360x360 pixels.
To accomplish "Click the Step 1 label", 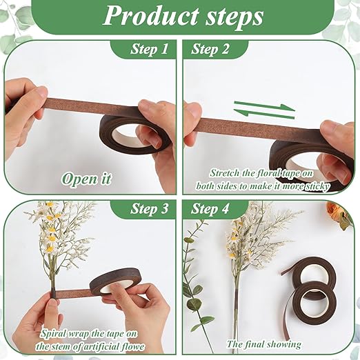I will pyautogui.click(x=149, y=50).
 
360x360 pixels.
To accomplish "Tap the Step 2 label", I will pyautogui.click(x=210, y=50).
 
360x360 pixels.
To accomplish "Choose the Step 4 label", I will pyautogui.click(x=210, y=209).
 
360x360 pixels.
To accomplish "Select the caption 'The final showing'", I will pyautogui.click(x=264, y=343).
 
